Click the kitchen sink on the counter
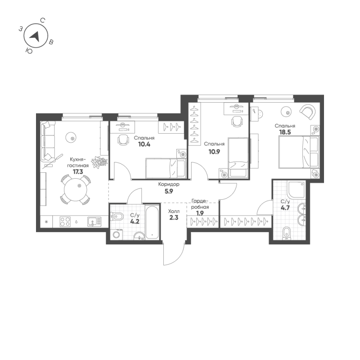click(x=94, y=221)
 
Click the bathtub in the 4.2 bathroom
click(x=153, y=221)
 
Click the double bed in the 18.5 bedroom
click(x=298, y=151)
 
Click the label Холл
click(x=173, y=211)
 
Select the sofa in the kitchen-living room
click(x=47, y=141)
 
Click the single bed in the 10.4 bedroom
click(x=165, y=168)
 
